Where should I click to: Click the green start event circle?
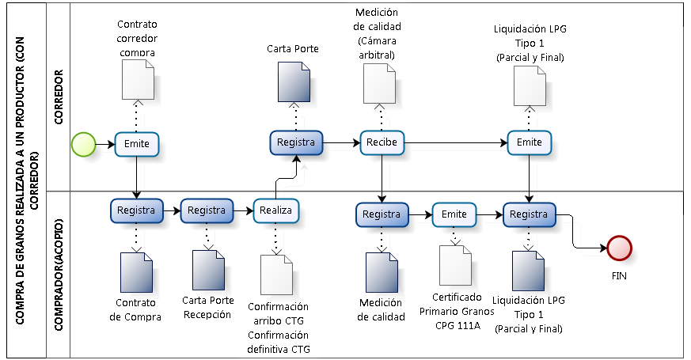pos(83,144)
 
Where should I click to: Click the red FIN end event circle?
pos(619,248)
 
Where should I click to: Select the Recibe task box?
pos(383,143)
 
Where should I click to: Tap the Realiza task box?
pos(276,211)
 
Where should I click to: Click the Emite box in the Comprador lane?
pos(454,214)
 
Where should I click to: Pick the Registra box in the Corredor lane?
pos(296,142)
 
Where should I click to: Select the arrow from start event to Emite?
pos(105,144)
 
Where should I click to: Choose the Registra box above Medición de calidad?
pos(382,214)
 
